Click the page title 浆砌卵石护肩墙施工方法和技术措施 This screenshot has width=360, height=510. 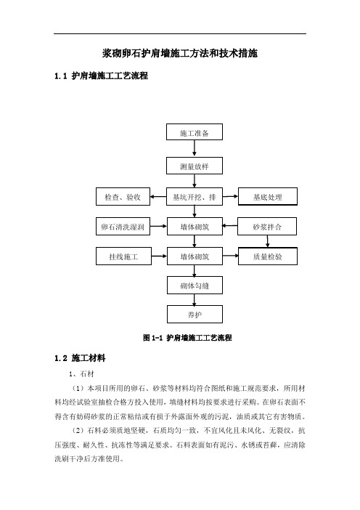click(180, 53)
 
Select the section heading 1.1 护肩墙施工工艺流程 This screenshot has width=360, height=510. click(102, 76)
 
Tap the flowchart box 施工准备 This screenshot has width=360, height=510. click(195, 131)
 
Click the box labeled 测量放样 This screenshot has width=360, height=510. click(195, 166)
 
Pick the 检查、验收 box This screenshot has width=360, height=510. click(123, 196)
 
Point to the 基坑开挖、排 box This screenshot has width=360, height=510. click(195, 196)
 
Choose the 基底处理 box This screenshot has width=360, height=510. click(268, 196)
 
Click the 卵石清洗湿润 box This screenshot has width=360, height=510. click(123, 227)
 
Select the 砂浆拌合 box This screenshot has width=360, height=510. click(267, 227)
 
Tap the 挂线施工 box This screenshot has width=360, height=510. click(123, 256)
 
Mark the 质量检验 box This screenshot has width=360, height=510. click(268, 256)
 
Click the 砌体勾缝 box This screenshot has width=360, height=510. click(195, 286)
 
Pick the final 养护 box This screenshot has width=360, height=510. click(195, 314)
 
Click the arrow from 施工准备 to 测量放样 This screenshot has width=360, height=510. click(195, 149)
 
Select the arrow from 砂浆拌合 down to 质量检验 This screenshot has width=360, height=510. click(267, 241)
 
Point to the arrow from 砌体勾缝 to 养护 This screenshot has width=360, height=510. click(195, 300)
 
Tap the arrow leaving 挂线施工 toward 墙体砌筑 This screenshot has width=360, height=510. click(159, 256)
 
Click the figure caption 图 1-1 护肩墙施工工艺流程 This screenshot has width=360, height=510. click(187, 338)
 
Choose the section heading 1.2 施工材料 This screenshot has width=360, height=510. click(80, 358)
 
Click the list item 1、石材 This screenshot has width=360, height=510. click(81, 374)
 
